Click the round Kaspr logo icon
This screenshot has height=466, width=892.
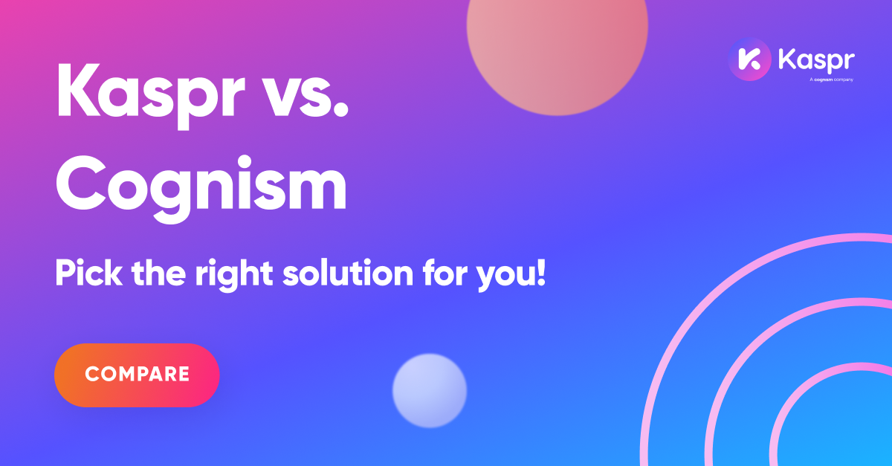(x=749, y=59)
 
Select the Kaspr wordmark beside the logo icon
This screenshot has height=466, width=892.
(x=816, y=59)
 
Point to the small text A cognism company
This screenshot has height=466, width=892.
(x=831, y=80)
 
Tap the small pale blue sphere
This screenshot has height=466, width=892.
(x=430, y=390)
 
